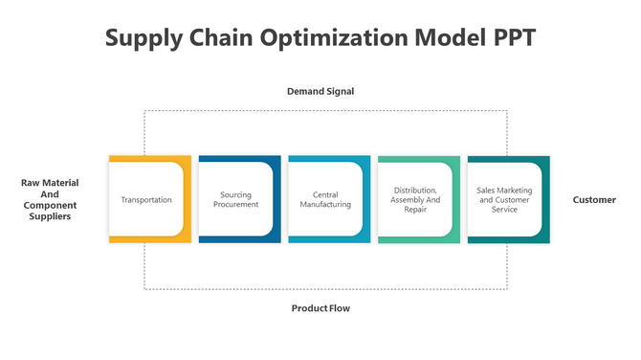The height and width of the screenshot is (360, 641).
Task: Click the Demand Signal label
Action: (320, 92)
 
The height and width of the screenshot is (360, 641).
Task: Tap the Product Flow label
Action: (320, 308)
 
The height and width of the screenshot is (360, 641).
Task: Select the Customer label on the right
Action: (594, 200)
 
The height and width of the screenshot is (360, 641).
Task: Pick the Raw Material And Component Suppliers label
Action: (50, 199)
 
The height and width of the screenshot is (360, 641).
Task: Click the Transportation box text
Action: (146, 200)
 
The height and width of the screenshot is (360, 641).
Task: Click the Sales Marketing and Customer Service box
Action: (504, 200)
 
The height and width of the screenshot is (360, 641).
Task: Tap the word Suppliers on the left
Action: (50, 216)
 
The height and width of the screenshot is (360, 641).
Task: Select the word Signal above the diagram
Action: (339, 92)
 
